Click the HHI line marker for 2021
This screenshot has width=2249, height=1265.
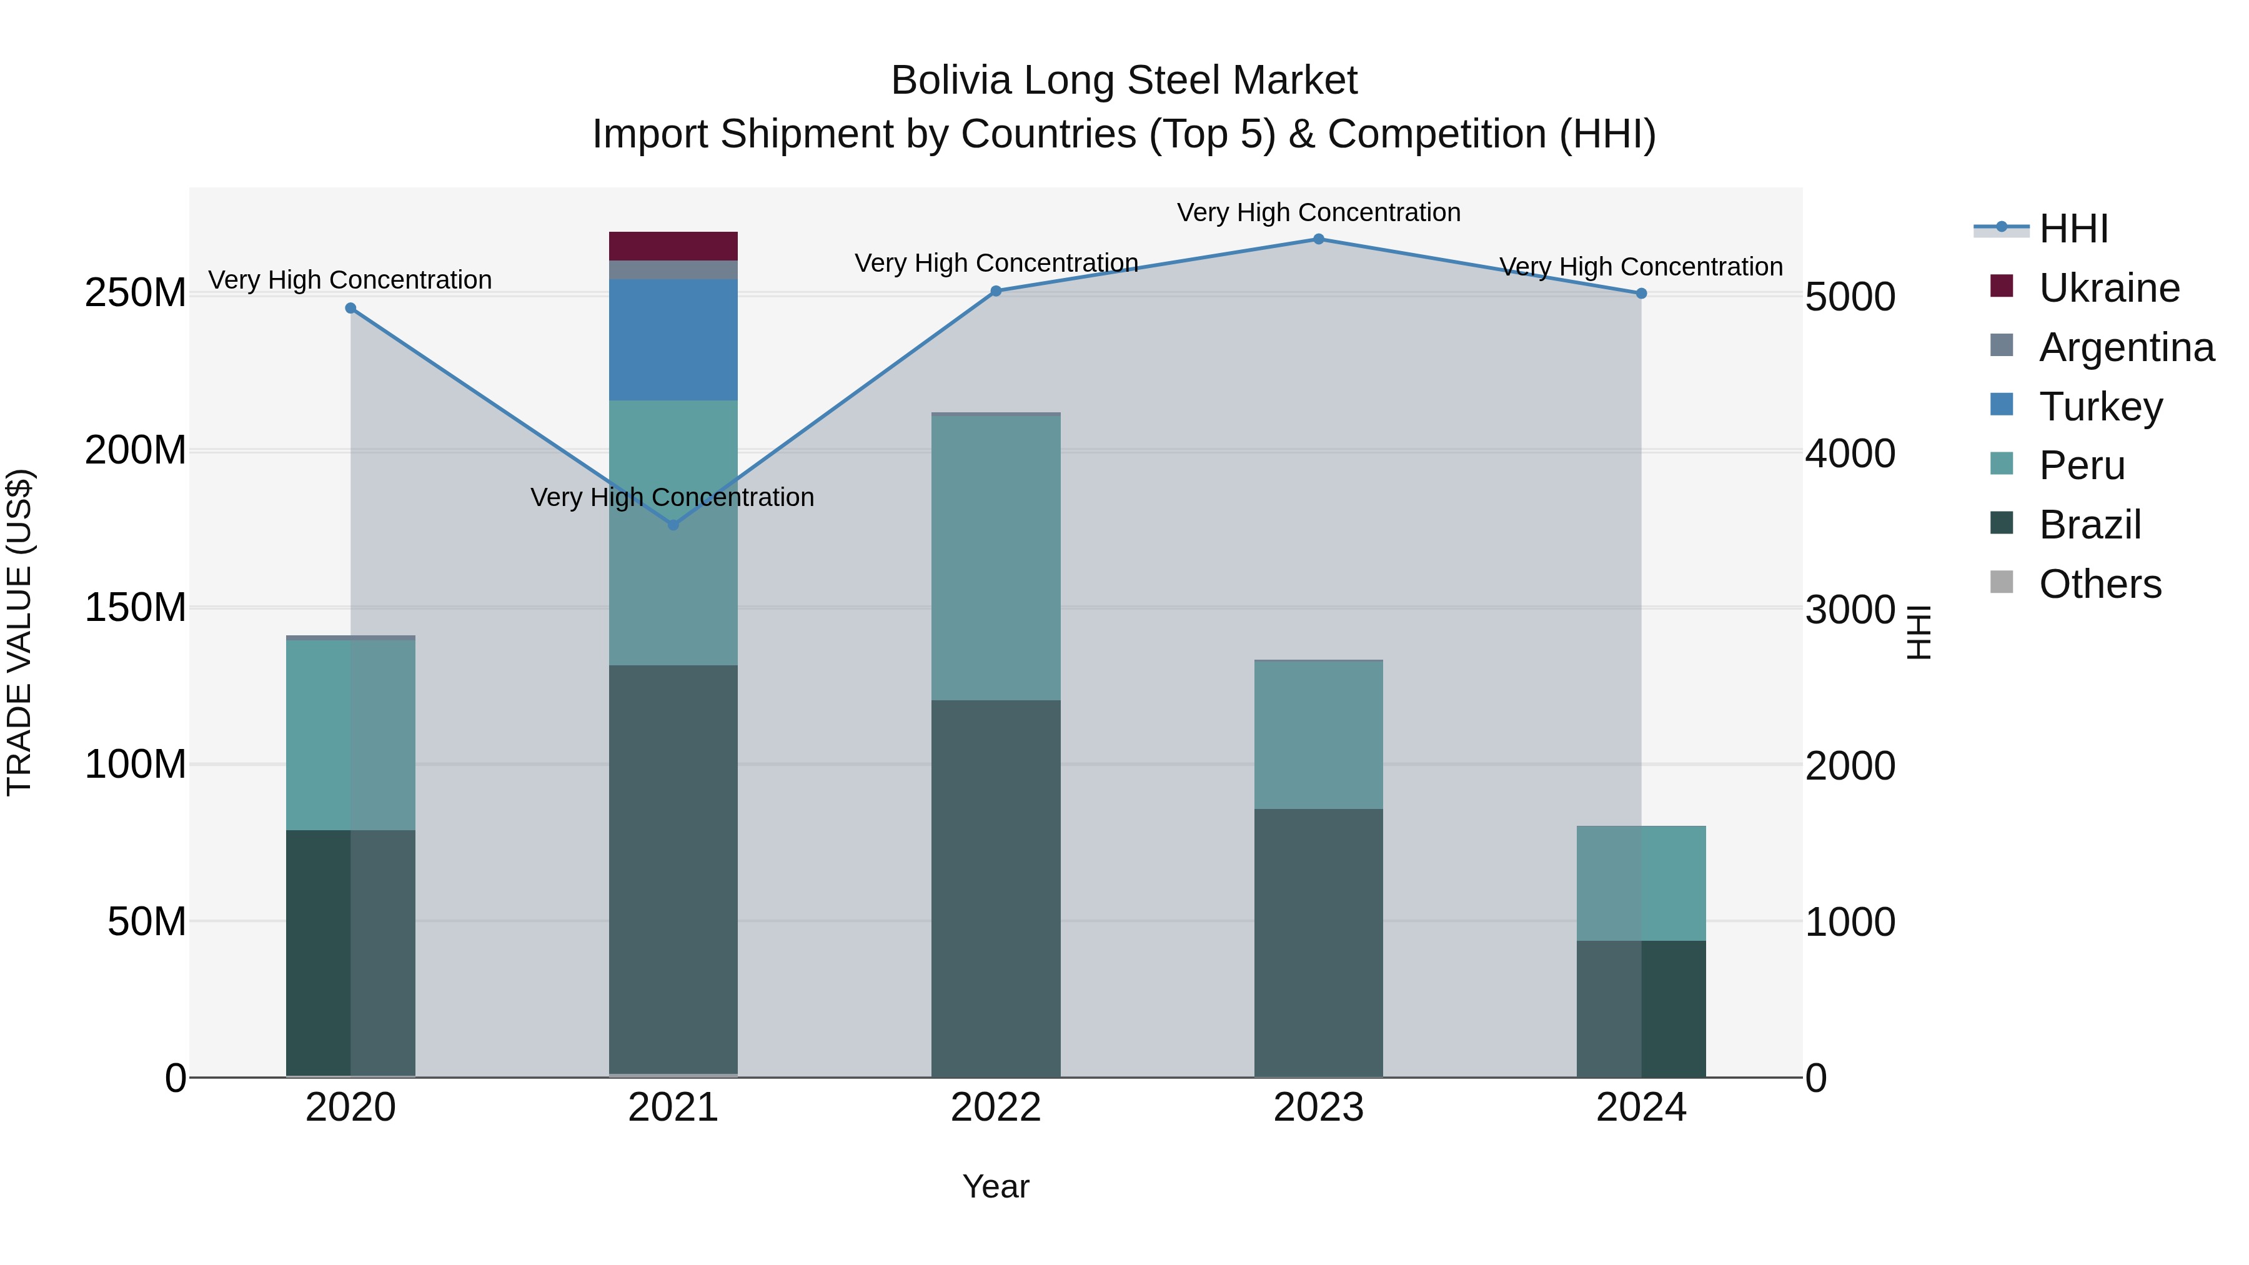[673, 525]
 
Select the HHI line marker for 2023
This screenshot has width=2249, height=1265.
[1318, 239]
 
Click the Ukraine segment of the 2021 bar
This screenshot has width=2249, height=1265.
[673, 246]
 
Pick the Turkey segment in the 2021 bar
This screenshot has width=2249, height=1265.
[673, 340]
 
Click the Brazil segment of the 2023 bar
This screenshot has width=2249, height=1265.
[1318, 943]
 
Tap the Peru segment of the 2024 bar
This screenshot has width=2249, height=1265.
[1641, 883]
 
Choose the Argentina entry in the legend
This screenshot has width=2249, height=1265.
[2126, 347]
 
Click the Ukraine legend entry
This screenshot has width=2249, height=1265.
[2108, 288]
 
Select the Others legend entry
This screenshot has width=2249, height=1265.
[2100, 584]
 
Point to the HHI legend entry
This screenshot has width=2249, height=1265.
[2073, 229]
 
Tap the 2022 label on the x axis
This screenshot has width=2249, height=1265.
[995, 1108]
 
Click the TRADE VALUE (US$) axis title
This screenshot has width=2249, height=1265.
[20, 632]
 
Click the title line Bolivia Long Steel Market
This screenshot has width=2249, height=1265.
[1124, 81]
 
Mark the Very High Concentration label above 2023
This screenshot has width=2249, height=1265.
[1318, 212]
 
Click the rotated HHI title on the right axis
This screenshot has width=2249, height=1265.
[1918, 632]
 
